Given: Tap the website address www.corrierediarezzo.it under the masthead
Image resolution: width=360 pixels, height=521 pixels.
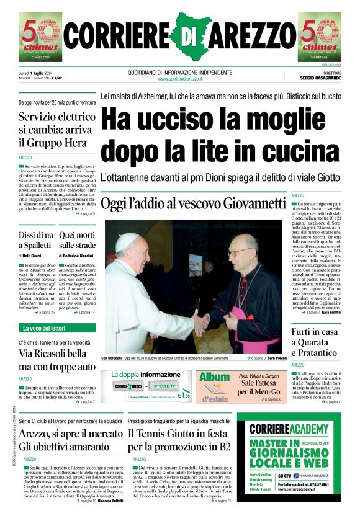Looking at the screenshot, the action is point(180,79).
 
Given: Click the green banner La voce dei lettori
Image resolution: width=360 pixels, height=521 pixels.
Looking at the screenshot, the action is point(45,327).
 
